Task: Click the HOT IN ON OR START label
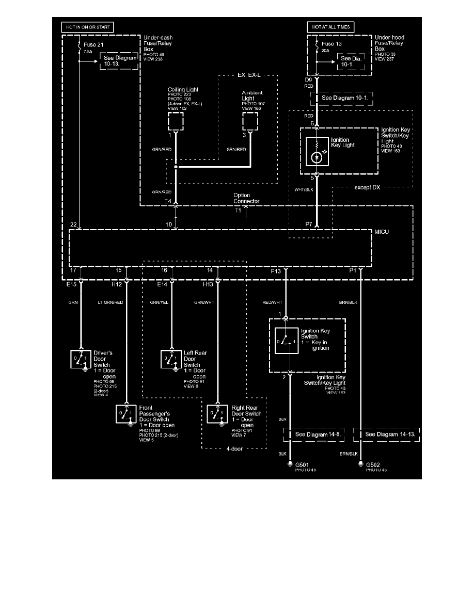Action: (x=87, y=27)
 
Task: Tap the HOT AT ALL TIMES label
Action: (x=330, y=27)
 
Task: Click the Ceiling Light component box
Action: (x=176, y=122)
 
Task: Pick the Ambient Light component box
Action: (x=250, y=122)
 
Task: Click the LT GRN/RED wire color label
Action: (x=112, y=302)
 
